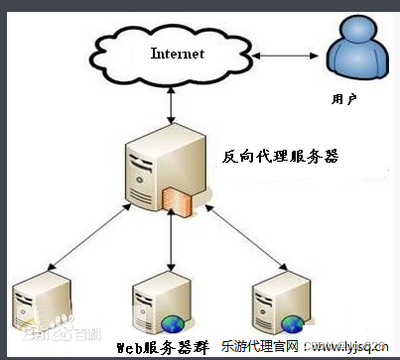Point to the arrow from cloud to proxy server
(x=173, y=104)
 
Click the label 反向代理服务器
(x=280, y=156)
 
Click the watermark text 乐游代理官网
(x=247, y=347)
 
